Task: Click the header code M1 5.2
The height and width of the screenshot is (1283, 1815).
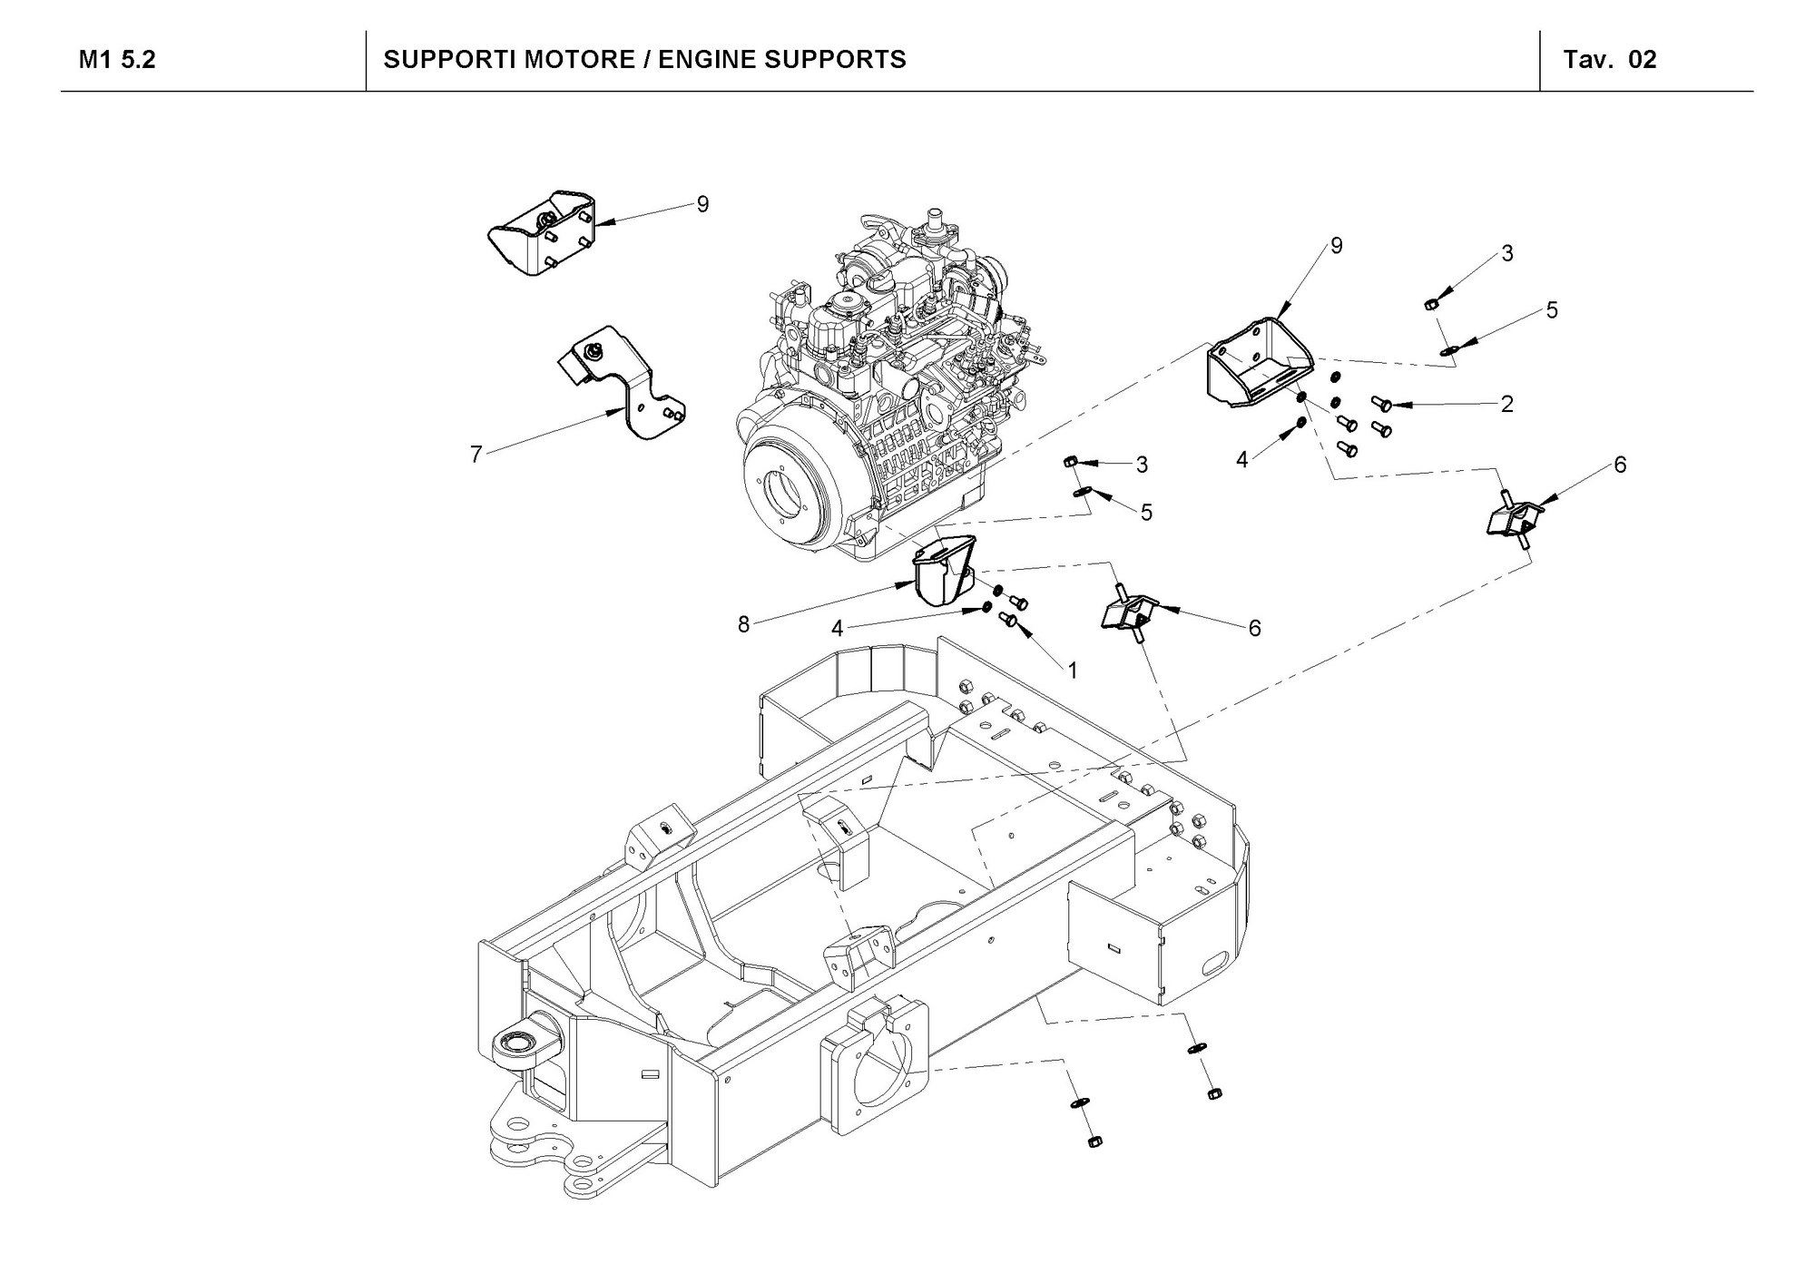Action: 117,60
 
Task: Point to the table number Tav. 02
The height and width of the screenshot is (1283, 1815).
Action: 1610,60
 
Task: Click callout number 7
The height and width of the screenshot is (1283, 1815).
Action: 476,454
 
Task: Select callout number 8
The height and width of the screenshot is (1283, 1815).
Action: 744,624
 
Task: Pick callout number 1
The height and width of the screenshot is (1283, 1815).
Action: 1072,671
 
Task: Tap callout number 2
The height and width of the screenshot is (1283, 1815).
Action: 1507,404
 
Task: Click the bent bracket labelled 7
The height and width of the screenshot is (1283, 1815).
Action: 621,381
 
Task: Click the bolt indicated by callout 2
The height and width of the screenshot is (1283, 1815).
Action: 1382,404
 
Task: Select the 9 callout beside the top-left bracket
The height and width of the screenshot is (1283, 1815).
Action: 702,205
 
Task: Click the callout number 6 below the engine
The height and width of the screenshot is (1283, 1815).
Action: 1255,628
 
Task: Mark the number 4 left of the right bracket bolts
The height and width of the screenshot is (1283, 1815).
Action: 1242,461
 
